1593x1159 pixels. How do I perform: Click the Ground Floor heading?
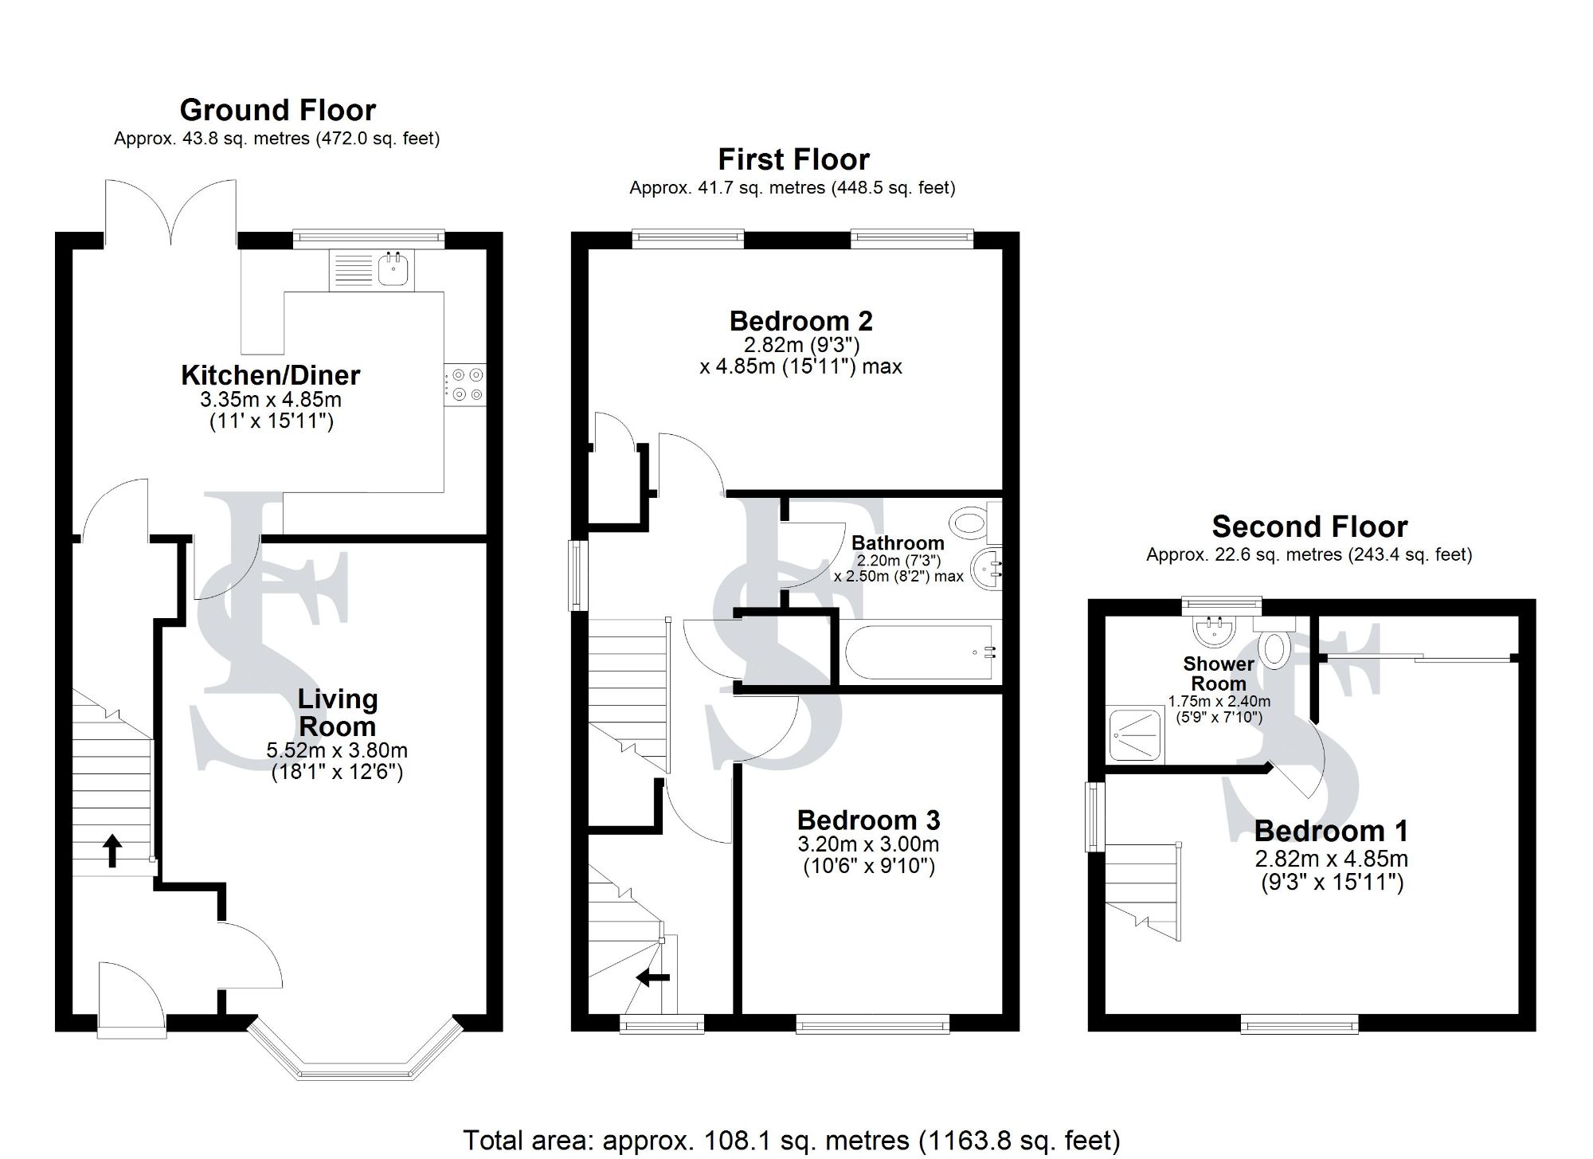pos(277,110)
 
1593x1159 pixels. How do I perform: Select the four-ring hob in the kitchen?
pos(465,384)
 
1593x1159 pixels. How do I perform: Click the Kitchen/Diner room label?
pos(271,374)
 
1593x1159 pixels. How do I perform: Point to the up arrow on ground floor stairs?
pos(112,850)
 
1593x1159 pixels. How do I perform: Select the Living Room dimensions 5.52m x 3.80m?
pos(337,750)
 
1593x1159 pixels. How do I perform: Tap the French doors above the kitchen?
pos(170,211)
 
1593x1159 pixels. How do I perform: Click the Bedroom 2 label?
pos(800,321)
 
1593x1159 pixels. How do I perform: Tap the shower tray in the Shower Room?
pos(1137,733)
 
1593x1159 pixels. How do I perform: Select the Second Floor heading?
pos(1309,527)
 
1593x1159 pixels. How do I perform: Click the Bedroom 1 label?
pos(1331,831)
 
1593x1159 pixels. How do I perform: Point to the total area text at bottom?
pos(791,1140)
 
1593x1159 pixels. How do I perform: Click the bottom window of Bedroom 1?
pos(1299,1026)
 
